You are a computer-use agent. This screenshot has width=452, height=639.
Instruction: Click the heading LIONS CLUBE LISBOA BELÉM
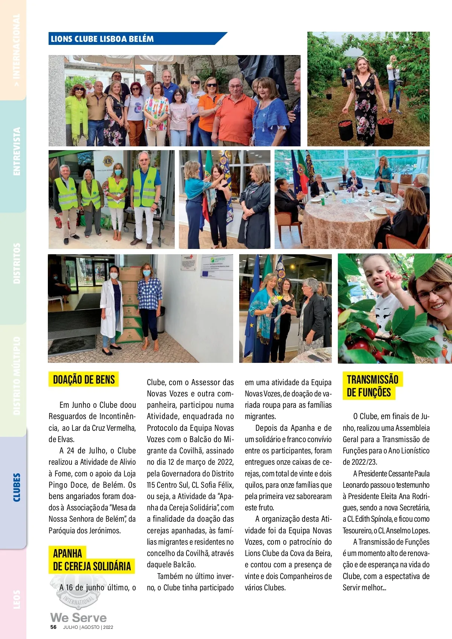tap(102, 39)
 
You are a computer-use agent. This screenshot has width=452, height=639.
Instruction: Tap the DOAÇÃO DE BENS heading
tap(84, 379)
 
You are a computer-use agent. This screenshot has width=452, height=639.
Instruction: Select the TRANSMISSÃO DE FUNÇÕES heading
tap(372, 386)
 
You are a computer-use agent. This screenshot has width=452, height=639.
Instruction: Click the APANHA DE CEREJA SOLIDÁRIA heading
tap(92, 560)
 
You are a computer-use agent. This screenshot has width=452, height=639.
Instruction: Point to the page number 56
tap(53, 627)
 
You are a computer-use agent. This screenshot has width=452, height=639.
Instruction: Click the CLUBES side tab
tap(17, 487)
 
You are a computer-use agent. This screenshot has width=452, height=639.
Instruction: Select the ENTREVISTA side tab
tap(17, 151)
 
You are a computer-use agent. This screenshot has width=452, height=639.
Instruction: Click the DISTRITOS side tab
tap(17, 263)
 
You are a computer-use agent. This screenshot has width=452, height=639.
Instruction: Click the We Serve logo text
tap(78, 617)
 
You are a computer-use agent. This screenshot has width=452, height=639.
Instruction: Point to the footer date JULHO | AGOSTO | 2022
tap(88, 627)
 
